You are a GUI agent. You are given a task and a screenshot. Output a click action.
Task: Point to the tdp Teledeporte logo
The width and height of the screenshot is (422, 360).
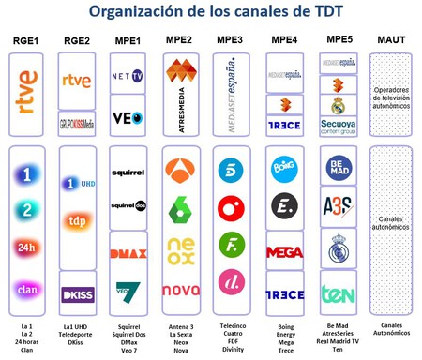coord(78,221)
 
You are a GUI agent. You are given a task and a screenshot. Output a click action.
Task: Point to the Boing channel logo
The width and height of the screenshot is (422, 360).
coord(284,172)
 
